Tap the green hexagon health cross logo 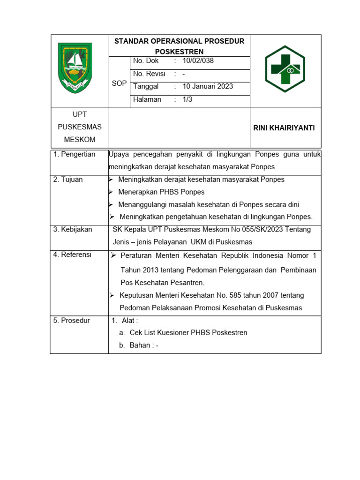285,69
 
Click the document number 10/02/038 198,61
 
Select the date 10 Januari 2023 208,87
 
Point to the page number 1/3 187,99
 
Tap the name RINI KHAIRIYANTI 284,128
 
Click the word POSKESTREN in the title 179,51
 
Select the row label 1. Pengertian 75,154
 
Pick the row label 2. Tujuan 68,180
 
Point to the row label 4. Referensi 73,255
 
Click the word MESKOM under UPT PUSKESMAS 79,140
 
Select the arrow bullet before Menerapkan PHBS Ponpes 111,192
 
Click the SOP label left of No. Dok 119,83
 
